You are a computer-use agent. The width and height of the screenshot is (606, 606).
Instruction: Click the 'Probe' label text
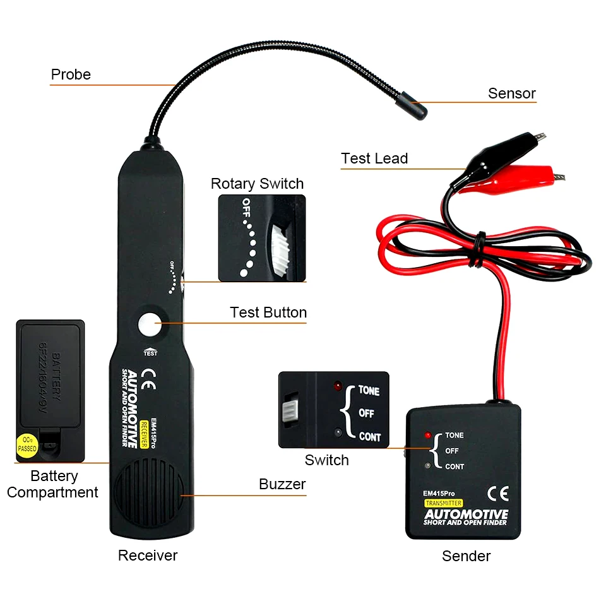coord(71,74)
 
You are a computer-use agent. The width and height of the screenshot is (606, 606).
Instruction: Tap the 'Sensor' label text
coord(511,93)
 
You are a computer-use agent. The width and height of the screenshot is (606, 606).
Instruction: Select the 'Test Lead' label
coord(374,158)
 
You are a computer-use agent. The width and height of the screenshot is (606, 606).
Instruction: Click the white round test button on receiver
coord(150,324)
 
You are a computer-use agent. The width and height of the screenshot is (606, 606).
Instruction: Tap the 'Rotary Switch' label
coord(257,184)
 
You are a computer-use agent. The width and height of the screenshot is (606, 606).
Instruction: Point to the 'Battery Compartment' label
coord(53,484)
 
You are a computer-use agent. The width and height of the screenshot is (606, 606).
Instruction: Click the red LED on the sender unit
coord(428,436)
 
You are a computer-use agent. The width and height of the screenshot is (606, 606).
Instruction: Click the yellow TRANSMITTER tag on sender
coord(444,503)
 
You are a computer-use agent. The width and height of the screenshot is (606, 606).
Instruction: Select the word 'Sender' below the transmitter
coord(466,556)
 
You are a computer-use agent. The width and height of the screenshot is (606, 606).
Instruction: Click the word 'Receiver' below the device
coord(148,555)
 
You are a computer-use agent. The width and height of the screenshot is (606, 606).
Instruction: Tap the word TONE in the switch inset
coord(369,391)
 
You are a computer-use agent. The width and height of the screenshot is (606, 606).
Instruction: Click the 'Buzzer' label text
coord(282,484)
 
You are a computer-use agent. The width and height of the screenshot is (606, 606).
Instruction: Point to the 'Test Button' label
coord(268,312)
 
